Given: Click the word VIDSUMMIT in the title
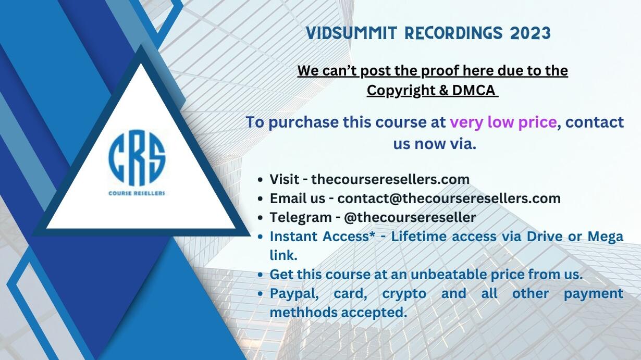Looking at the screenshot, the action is click(x=351, y=33).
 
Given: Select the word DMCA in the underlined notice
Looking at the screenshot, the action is click(x=474, y=90).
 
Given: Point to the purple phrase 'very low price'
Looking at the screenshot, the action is click(x=503, y=122).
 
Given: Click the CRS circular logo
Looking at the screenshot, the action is click(x=137, y=158).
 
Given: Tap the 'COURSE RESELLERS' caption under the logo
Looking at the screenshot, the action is click(x=137, y=193).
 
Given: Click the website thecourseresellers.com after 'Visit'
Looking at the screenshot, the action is click(x=390, y=179).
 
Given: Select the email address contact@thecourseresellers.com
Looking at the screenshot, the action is click(x=449, y=198).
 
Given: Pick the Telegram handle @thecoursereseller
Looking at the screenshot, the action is click(x=410, y=217).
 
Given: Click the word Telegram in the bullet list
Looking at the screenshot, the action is click(x=301, y=218).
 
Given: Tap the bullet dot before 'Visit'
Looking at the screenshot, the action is click(x=260, y=180).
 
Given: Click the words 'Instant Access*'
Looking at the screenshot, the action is click(x=323, y=237).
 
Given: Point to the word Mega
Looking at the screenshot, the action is click(x=605, y=237).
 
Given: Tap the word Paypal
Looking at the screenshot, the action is click(x=294, y=294).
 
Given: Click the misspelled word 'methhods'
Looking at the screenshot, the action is click(x=304, y=312).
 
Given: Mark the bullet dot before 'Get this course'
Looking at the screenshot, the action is click(x=260, y=275).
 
